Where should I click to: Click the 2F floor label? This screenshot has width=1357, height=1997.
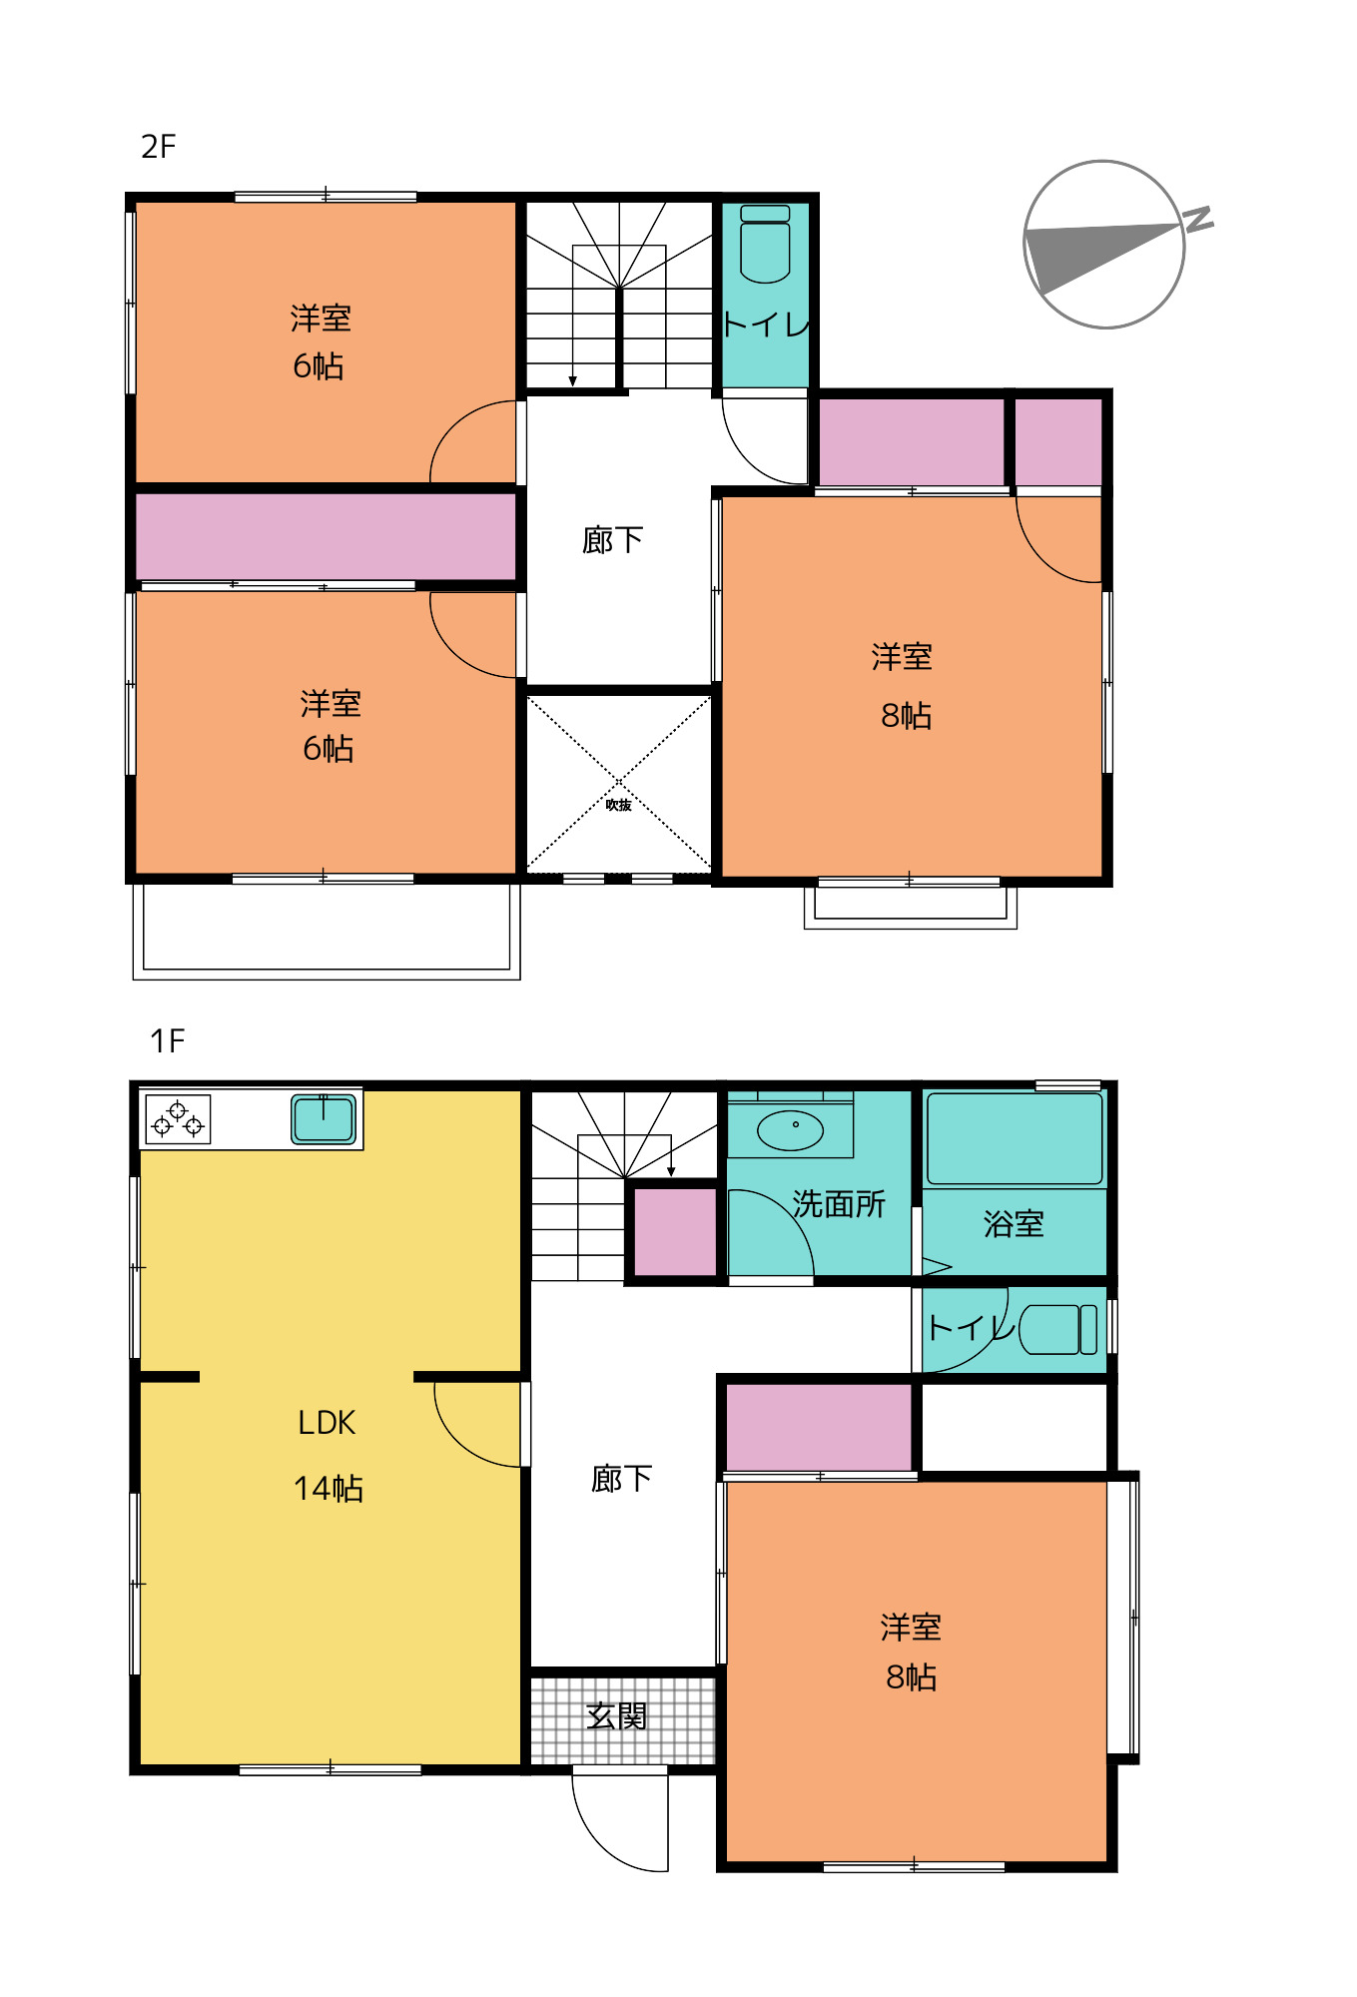[x=158, y=147]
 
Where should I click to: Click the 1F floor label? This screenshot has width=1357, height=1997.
[x=167, y=1041]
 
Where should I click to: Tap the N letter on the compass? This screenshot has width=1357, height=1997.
[x=1198, y=219]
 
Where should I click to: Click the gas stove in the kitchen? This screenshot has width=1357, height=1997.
[x=178, y=1118]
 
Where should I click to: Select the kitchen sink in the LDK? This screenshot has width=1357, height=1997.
[x=324, y=1118]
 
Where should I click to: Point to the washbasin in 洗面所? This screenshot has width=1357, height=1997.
[x=791, y=1130]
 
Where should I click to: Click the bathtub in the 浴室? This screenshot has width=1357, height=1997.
[x=1015, y=1138]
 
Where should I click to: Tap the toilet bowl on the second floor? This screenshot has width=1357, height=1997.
[x=765, y=250]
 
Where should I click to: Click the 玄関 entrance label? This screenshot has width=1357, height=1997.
[x=617, y=1716]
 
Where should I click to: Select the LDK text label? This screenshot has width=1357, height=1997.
[x=327, y=1423]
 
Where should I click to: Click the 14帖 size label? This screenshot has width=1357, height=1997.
[x=328, y=1489]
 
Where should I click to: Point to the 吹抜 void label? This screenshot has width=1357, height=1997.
[x=618, y=805]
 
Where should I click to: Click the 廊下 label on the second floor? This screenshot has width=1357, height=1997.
[x=612, y=540]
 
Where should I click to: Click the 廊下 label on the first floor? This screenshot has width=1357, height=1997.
[x=621, y=1479]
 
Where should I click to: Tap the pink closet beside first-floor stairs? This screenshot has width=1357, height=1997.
[x=676, y=1231]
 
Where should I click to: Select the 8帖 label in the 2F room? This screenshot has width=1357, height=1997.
[x=906, y=716]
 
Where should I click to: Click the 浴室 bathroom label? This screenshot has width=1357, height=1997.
[x=1014, y=1224]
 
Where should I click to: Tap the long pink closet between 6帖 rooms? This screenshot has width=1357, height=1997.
[x=326, y=536]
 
